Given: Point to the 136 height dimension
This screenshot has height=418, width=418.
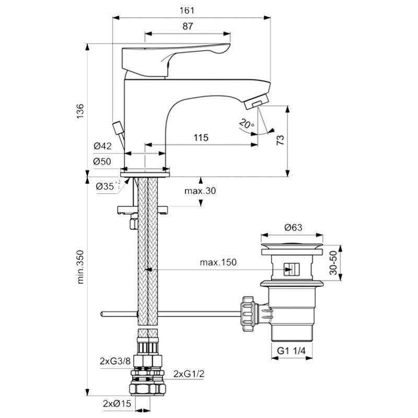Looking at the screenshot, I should coord(80,110).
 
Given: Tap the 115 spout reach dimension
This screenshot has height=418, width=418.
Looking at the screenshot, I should coord(201,137).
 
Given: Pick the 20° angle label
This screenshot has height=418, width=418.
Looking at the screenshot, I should coord(246,124).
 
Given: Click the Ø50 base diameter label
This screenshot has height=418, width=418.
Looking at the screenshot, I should coord(102,161).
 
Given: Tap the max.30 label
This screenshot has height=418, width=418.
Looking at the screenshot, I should coord(200,191).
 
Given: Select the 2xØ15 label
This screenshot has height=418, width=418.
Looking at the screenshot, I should coord(116,403).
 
